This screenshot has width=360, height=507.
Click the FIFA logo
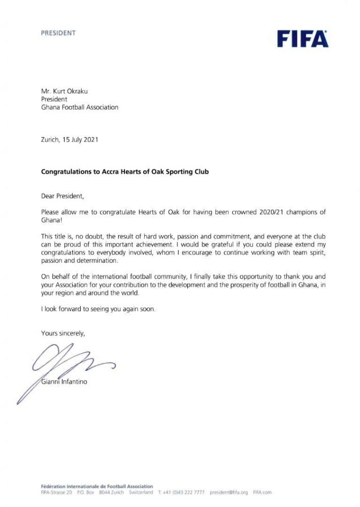tap(303, 38)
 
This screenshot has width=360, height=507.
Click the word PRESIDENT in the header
tap(58, 33)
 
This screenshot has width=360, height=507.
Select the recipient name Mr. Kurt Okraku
tap(64, 91)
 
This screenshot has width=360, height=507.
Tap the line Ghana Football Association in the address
tap(80, 107)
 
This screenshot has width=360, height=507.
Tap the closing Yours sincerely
tap(63, 333)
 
